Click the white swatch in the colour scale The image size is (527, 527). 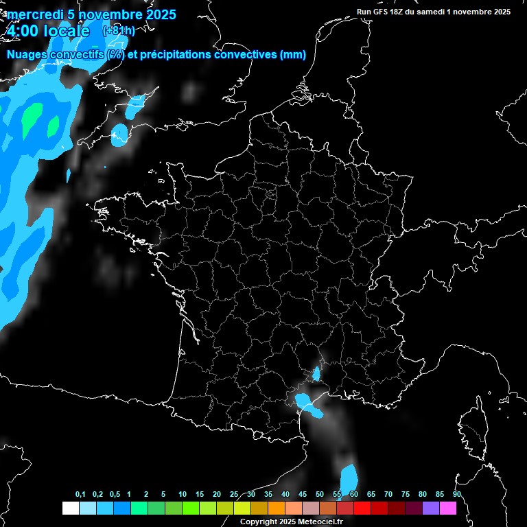pyautogui.click(x=70, y=508)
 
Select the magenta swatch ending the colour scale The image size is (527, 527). pyautogui.click(x=448, y=508)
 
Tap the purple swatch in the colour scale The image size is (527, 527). pyautogui.click(x=431, y=508)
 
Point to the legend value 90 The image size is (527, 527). pyautogui.click(x=456, y=495)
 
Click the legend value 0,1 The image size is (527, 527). pyautogui.click(x=80, y=495)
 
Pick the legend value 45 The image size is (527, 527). pyautogui.click(x=303, y=495)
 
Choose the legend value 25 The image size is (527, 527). pyautogui.click(x=234, y=495)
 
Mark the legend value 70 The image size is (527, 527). pyautogui.click(x=388, y=495)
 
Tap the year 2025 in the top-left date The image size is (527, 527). pyautogui.click(x=156, y=14)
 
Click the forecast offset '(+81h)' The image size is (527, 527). pyautogui.click(x=118, y=31)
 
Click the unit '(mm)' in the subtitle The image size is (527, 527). pyautogui.click(x=293, y=55)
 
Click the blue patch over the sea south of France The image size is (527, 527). pyautogui.click(x=349, y=476)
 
